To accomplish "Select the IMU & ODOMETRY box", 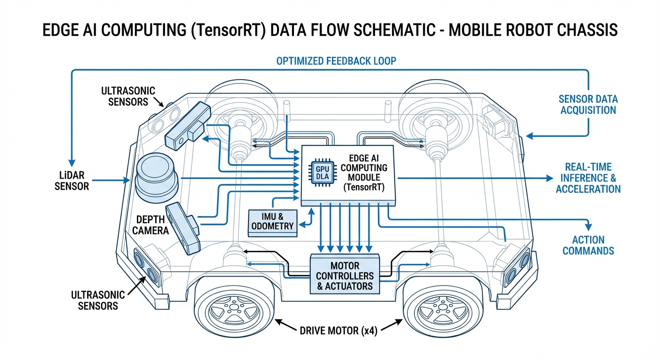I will (272, 221).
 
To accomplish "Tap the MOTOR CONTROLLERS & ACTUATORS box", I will (345, 274).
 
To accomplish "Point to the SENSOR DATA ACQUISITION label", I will (588, 105).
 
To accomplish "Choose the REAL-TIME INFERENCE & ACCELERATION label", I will (588, 178).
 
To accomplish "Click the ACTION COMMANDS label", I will (588, 245).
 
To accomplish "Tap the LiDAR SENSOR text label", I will (72, 180).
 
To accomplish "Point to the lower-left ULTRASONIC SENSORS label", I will (98, 300).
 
